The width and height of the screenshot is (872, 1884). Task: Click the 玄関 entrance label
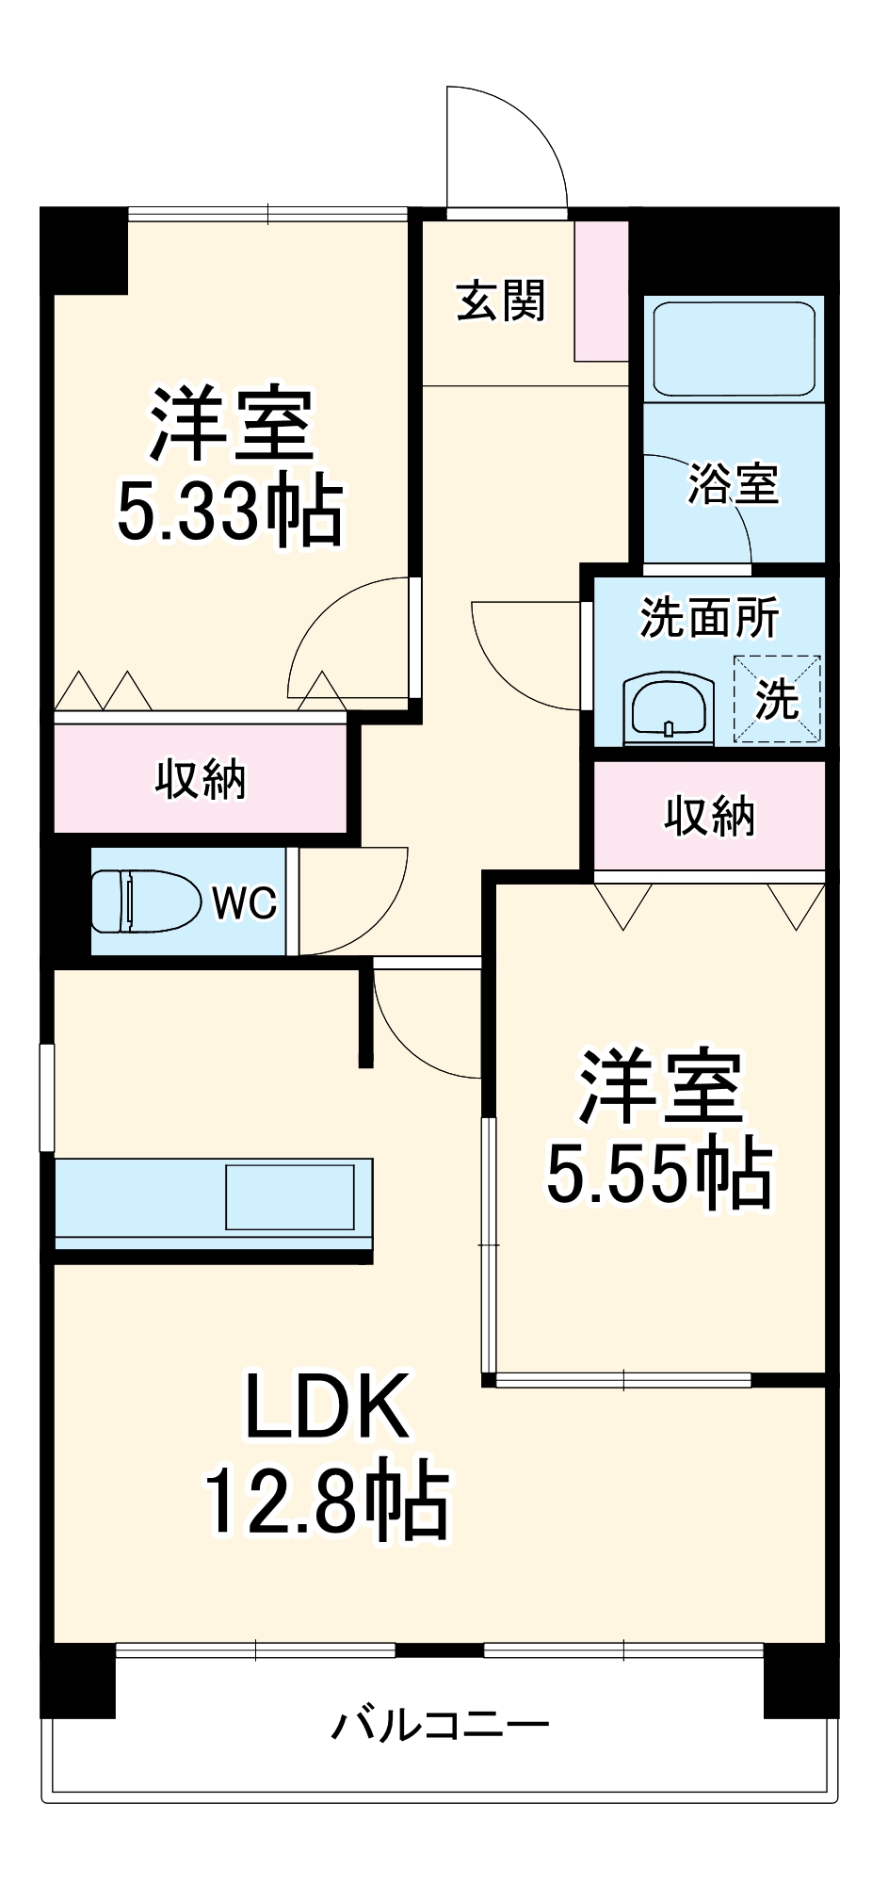pos(500,301)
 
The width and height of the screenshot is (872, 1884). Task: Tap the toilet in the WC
pos(146,901)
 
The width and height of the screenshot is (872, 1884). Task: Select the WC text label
pos(244,903)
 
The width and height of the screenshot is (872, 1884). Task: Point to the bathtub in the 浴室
pos(734,349)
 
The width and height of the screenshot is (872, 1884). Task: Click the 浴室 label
pos(734,484)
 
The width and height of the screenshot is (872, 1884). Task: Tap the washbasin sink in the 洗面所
pos(668,706)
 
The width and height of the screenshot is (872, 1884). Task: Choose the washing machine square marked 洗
pos(777,698)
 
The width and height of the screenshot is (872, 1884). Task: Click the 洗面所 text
pos(709,618)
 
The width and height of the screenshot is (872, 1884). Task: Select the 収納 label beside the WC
pos(200,780)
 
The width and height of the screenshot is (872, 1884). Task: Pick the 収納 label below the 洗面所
pos(709,816)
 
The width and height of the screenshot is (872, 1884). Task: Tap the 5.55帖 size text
pos(659,1176)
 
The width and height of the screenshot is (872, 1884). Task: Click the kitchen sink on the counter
pos(290,1197)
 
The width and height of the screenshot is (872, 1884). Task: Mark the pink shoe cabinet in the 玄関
pos(601,291)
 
